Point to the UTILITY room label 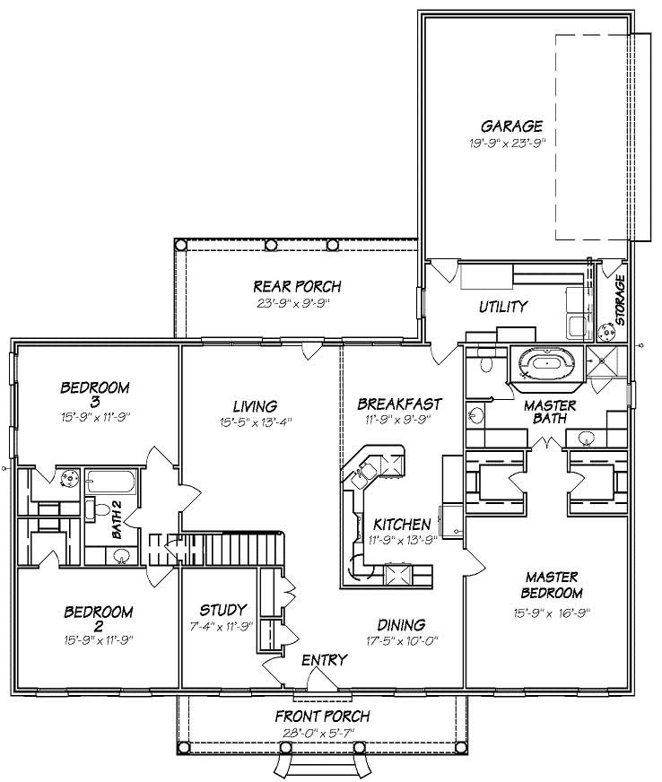(x=502, y=307)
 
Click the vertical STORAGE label (x=620, y=300)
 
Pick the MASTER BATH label (x=550, y=413)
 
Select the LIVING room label (x=256, y=406)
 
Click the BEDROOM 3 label (x=95, y=395)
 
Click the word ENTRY (x=324, y=660)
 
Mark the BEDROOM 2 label (x=99, y=621)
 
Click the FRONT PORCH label (x=323, y=717)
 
